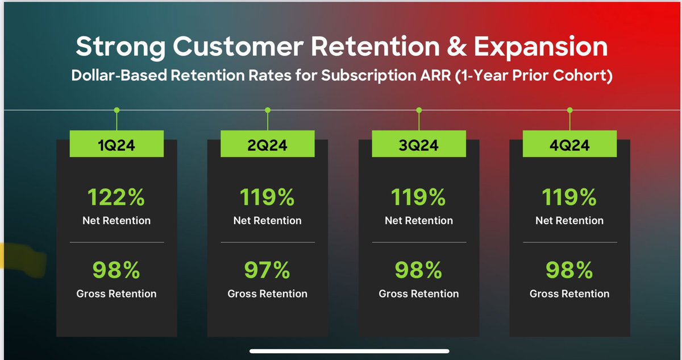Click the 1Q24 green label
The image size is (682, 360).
click(117, 145)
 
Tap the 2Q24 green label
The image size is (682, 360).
click(267, 145)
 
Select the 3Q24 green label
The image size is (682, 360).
click(419, 145)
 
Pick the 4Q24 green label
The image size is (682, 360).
click(569, 145)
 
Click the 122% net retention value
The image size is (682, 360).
click(117, 198)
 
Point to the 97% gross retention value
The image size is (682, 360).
click(267, 271)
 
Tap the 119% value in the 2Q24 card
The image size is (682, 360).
click(267, 198)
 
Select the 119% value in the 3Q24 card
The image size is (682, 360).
click(419, 198)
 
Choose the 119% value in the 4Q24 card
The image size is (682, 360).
click(569, 198)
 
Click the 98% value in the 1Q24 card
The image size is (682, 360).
click(117, 271)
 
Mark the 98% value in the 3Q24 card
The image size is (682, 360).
click(419, 271)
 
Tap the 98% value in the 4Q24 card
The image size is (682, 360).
click(569, 271)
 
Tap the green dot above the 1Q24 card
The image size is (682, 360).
click(117, 110)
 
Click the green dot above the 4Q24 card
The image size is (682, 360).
click(569, 110)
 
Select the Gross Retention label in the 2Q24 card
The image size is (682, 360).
click(267, 294)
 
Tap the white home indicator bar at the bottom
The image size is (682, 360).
click(350, 351)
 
